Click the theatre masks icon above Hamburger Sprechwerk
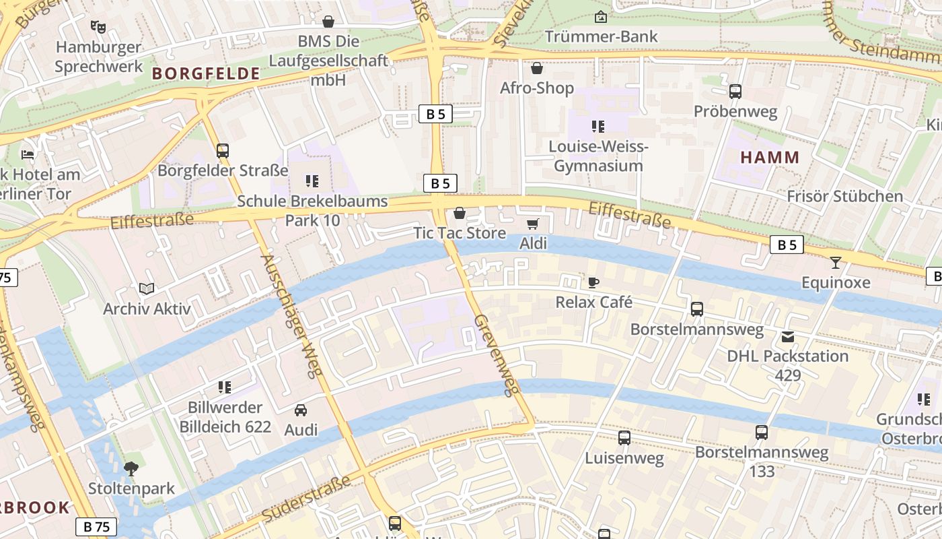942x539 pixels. pos(98,27)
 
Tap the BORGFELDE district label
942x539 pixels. pos(206,74)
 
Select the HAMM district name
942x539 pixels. pos(770,158)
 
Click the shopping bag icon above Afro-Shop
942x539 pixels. pos(537,68)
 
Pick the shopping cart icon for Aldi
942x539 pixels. pos(533,224)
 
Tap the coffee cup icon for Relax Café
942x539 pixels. pos(593,282)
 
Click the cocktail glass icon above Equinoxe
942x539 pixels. pos(836,263)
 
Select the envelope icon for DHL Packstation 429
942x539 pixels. pos(787,336)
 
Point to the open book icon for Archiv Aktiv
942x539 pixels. pos(147,289)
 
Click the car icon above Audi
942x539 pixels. pos(301,410)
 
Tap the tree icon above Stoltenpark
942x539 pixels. pos(131,468)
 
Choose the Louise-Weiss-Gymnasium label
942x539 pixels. pos(598,156)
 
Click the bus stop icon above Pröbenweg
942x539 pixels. pos(735,92)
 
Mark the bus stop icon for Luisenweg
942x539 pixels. pos(624,438)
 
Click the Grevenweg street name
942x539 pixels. pos(498,354)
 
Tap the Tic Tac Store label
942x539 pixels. pos(460,233)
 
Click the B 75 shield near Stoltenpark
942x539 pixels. pos(96,527)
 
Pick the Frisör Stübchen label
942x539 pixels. pos(845,196)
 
